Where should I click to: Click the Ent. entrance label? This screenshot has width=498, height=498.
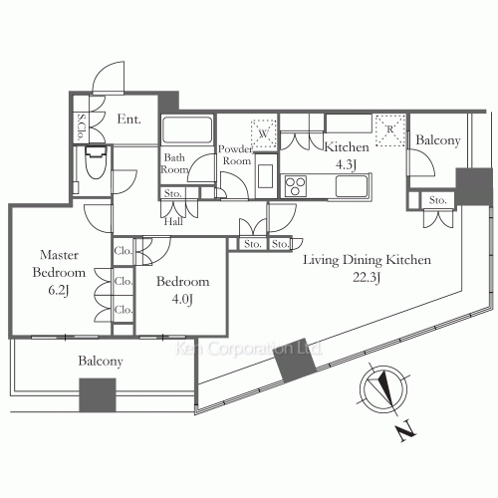tap(129, 119)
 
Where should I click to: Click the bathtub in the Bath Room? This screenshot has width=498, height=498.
tap(186, 130)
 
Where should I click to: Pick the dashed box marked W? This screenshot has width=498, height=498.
tap(264, 130)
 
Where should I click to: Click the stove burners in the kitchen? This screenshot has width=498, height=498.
tap(297, 184)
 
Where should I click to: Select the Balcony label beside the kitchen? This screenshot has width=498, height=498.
tap(437, 141)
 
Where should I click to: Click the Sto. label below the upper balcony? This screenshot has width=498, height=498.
tap(437, 200)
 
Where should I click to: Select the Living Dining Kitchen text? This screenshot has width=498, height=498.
tap(367, 260)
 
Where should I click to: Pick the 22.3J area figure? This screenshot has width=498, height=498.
tap(367, 278)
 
